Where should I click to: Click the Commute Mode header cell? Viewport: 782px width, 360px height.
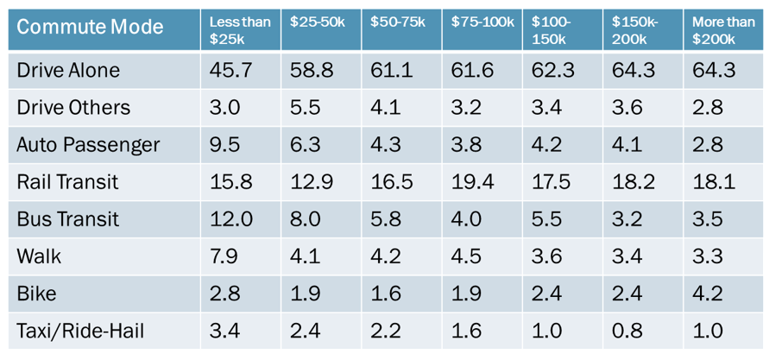(x=90, y=27)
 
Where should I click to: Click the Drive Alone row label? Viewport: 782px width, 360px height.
(x=68, y=71)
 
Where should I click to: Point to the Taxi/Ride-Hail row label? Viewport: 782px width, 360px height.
(x=80, y=331)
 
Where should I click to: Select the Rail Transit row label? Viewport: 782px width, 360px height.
(x=67, y=182)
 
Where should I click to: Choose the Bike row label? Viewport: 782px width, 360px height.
(x=36, y=294)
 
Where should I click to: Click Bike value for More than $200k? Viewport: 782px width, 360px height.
(x=707, y=294)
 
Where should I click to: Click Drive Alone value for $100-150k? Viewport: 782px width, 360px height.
(x=551, y=71)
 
